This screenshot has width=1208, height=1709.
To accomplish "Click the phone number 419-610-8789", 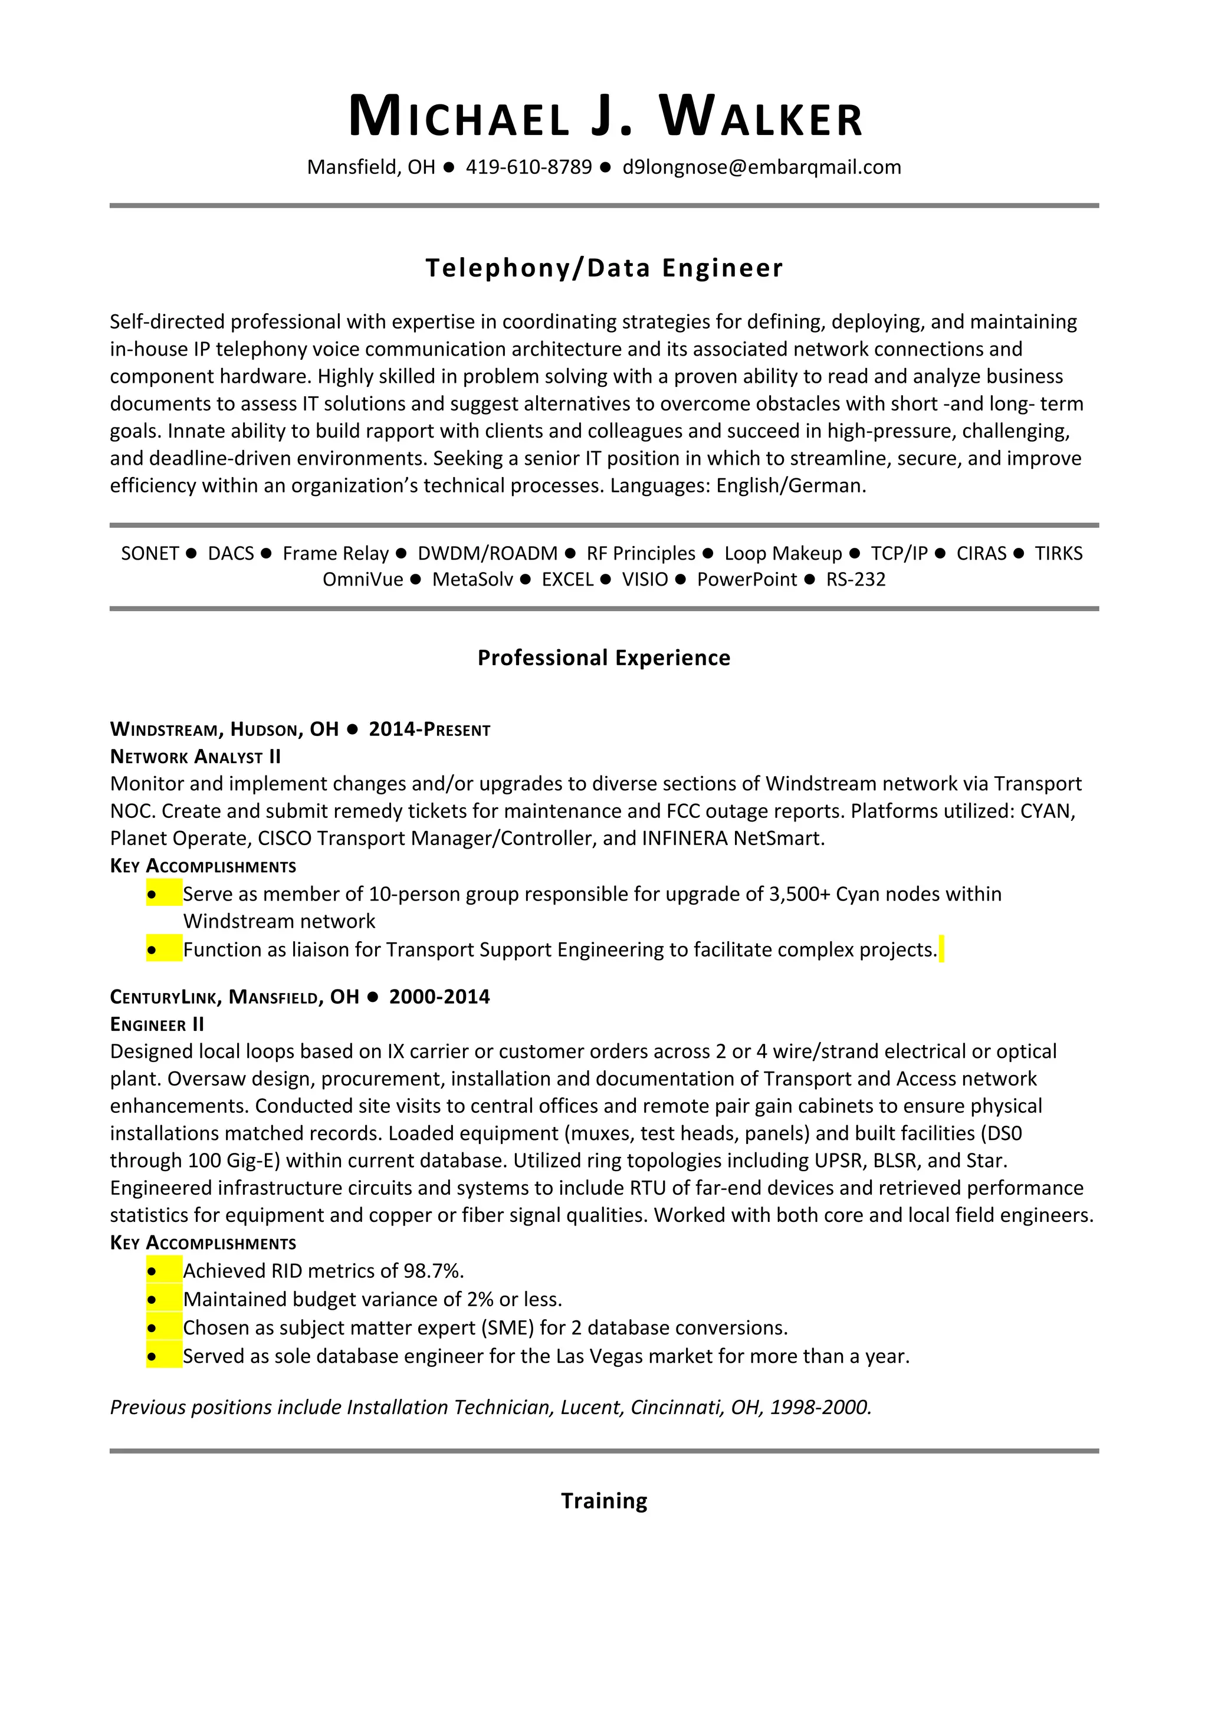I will [x=528, y=167].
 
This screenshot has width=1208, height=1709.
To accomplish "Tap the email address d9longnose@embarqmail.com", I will [x=761, y=167].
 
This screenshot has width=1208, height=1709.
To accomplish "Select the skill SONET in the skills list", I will [x=150, y=553].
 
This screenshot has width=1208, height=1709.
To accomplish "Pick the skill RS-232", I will [x=855, y=579].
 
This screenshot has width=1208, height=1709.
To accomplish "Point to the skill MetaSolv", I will [x=472, y=579].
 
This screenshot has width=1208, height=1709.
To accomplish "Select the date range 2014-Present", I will [x=429, y=729].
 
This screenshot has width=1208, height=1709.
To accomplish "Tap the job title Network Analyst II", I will [x=196, y=757].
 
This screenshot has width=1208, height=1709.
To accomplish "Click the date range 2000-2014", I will [x=439, y=997].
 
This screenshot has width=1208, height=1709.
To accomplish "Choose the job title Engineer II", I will [x=157, y=1025].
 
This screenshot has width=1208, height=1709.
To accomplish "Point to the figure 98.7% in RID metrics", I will [x=433, y=1271].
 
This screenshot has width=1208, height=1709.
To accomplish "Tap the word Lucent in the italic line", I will [x=592, y=1408].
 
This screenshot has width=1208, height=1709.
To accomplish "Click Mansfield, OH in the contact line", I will [x=370, y=167].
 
